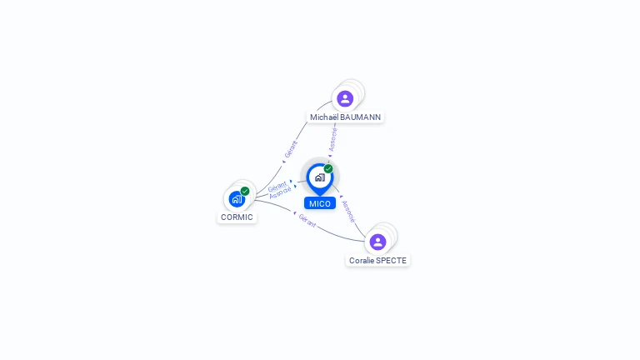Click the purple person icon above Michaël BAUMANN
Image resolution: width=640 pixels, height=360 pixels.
345,98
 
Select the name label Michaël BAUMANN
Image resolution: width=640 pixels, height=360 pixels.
345,117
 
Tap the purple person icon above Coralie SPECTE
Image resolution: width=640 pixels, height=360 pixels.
377,242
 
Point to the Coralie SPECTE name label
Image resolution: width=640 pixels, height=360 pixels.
377,261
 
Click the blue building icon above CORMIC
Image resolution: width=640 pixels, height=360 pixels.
237,199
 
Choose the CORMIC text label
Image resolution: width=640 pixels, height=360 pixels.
237,217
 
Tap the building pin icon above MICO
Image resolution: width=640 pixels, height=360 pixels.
319,177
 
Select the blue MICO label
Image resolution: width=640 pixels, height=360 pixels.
319,203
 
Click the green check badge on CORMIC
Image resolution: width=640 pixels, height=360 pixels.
245,191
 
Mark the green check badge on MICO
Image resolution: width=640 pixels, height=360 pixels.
328,169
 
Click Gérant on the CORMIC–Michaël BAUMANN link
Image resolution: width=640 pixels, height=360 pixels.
290,149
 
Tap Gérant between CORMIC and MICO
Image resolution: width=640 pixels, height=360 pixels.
277,185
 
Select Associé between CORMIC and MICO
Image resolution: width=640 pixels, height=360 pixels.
280,192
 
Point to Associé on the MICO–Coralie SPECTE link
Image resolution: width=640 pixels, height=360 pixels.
348,211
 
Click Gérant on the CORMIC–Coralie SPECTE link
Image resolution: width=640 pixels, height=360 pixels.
307,221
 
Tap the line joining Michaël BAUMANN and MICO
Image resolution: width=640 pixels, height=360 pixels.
336,125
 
